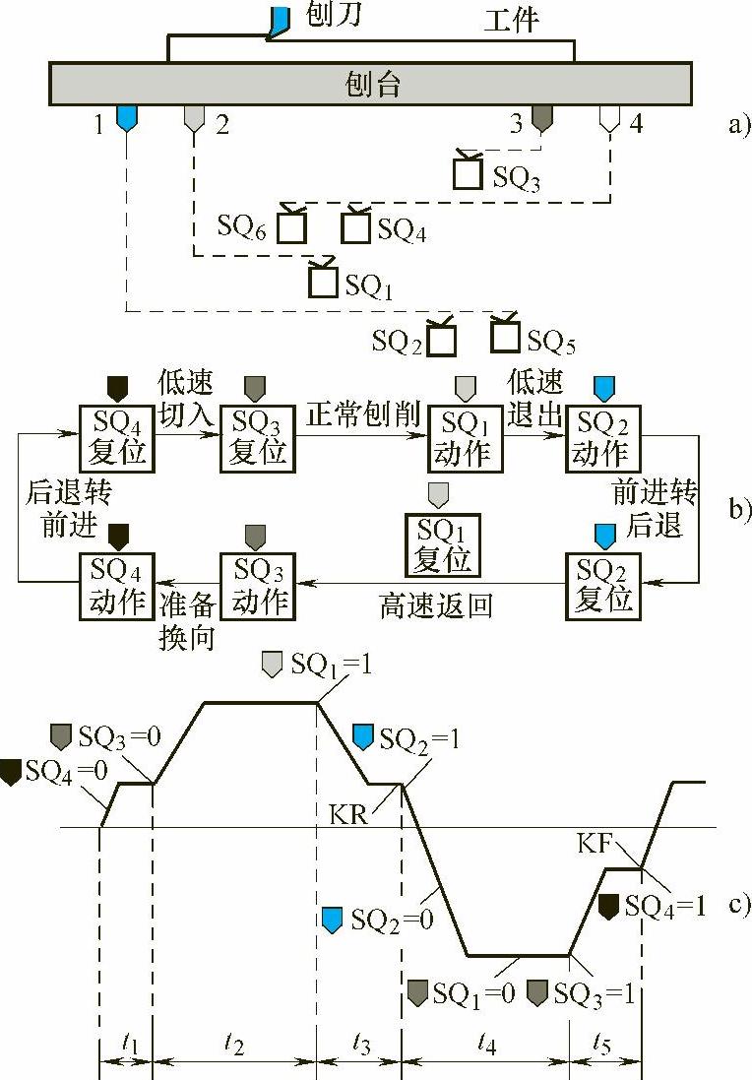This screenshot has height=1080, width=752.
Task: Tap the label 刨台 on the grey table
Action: tap(374, 83)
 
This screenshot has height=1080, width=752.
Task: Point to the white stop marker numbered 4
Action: tap(610, 120)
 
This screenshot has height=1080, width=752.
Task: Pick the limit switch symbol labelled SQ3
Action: tap(468, 173)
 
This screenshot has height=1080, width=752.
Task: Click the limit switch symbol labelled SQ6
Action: tap(291, 227)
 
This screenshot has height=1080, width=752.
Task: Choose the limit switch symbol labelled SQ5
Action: tap(506, 336)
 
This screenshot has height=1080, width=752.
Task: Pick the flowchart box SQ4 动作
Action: tap(117, 586)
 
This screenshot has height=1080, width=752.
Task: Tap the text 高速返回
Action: tap(434, 604)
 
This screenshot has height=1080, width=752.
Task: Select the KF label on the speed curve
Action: tap(597, 843)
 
